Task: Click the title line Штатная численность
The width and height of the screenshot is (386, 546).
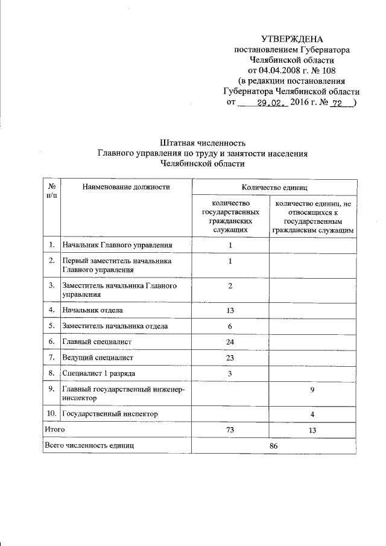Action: click(x=203, y=143)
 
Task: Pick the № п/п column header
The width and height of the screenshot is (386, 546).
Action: click(x=52, y=191)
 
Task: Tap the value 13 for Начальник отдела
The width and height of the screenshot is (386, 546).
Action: click(x=230, y=310)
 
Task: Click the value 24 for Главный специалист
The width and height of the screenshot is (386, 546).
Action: click(x=230, y=342)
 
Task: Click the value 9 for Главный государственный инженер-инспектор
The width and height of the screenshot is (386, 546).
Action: click(x=312, y=391)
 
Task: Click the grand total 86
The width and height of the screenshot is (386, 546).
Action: click(x=274, y=445)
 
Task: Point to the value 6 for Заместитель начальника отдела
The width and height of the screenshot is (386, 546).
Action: click(x=230, y=326)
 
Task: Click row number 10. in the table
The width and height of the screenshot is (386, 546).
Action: click(x=52, y=414)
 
